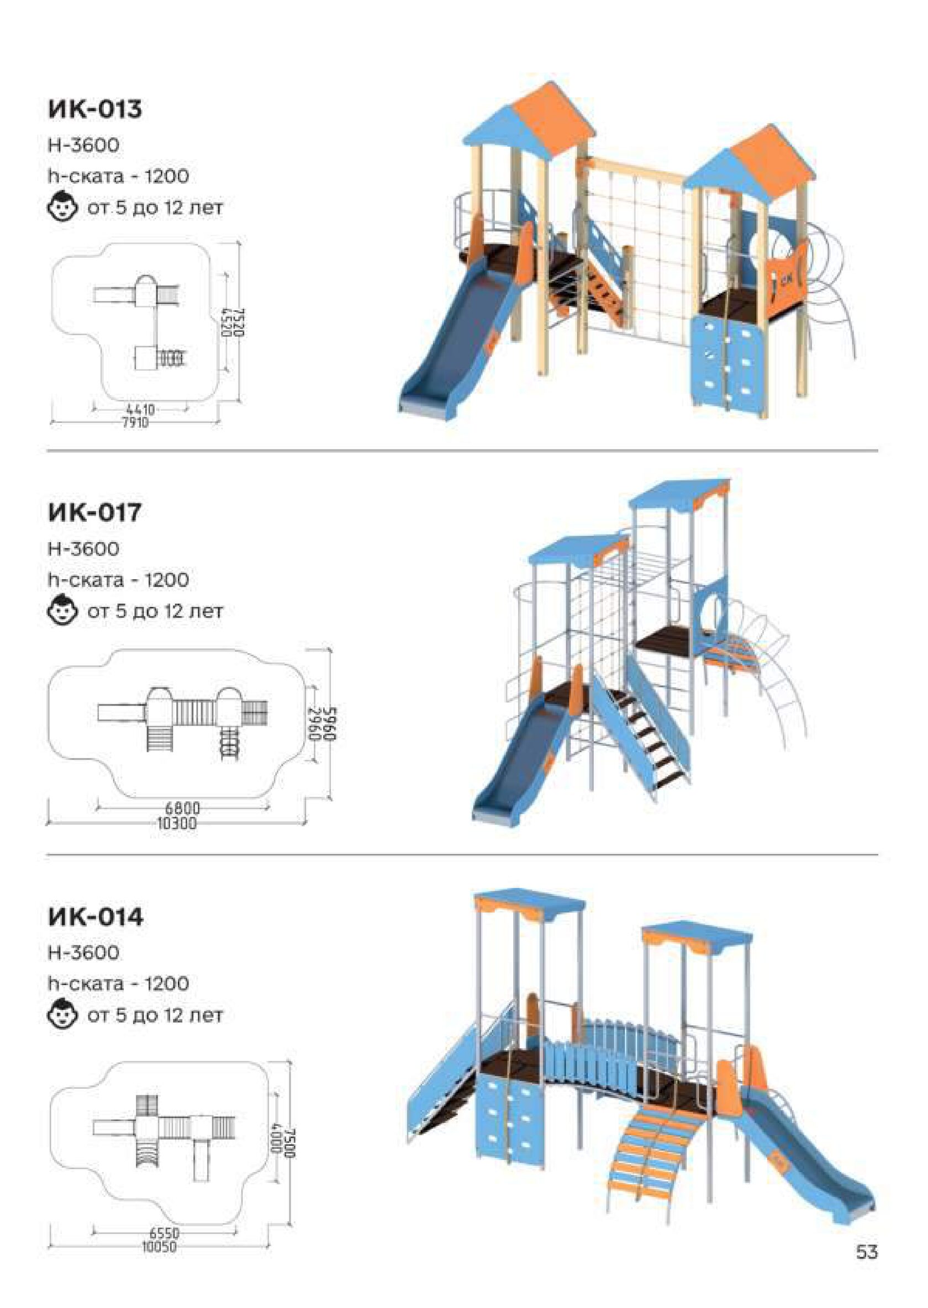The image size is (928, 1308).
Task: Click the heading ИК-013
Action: [x=95, y=109]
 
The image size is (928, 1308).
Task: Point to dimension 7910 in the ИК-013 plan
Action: [x=136, y=423]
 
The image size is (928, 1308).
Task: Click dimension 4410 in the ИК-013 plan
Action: [x=140, y=410]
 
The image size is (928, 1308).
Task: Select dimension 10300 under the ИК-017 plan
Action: [x=177, y=823]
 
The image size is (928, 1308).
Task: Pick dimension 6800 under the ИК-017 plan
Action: [x=182, y=809]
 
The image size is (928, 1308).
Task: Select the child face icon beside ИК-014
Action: [x=62, y=1015]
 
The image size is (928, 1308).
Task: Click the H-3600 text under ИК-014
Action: [x=83, y=953]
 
